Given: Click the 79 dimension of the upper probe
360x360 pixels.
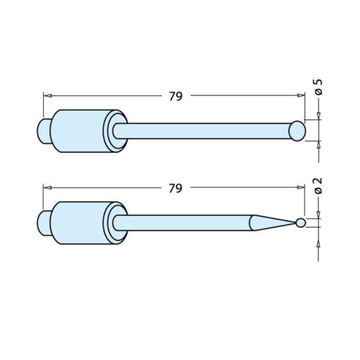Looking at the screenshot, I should click(175, 96).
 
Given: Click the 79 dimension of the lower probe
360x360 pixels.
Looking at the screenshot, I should click(175, 188).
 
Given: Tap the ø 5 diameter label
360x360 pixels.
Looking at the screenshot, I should click(319, 87).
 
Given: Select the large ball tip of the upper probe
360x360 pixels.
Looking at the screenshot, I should click(297, 131).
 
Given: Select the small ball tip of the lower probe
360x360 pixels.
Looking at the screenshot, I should click(301, 223).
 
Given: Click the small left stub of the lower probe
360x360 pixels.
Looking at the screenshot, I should click(43, 223).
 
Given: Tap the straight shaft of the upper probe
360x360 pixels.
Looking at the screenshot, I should click(204, 131).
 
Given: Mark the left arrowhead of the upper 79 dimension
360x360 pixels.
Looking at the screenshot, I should click(46, 95).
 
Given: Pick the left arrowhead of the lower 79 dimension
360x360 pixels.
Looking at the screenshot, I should click(46, 188).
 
